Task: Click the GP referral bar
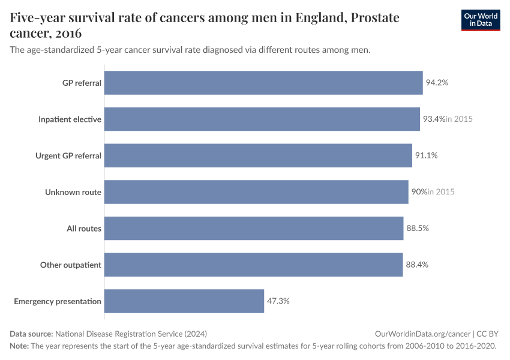point(263,83)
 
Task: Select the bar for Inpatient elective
point(262,119)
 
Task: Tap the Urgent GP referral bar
point(258,155)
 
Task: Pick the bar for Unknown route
point(256,192)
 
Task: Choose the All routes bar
point(254,229)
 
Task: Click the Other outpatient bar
point(253,265)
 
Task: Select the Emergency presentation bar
point(184,301)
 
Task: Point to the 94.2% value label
point(437,83)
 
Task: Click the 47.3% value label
point(278,301)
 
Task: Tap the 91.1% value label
point(426,155)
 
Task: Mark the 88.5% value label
point(418,229)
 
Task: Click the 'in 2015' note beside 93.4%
point(459,119)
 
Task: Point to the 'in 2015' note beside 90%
point(441,192)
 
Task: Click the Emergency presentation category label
point(58,301)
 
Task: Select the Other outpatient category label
point(71,265)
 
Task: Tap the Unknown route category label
point(73,192)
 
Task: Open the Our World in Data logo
point(480,20)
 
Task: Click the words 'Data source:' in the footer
point(31,334)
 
